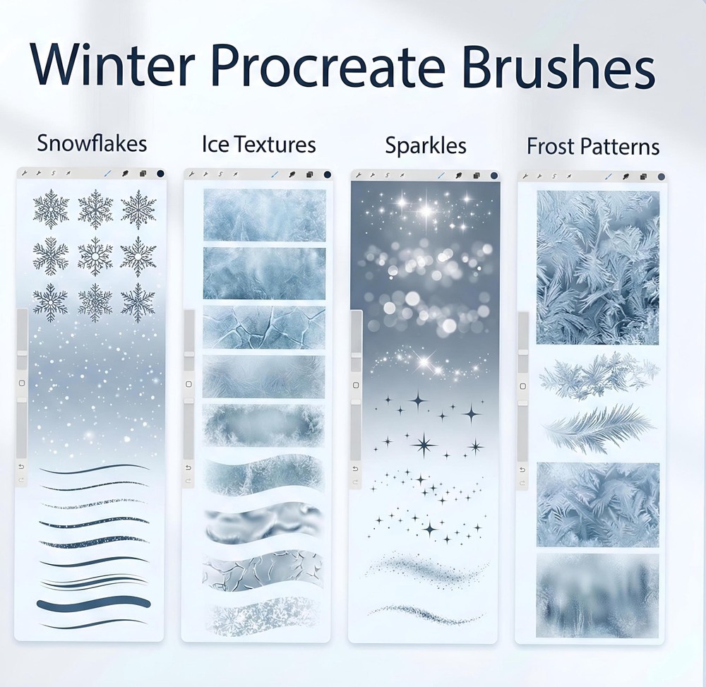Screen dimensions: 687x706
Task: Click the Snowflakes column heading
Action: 92,143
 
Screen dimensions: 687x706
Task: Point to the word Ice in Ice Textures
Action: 215,145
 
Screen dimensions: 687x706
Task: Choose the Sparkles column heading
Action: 426,145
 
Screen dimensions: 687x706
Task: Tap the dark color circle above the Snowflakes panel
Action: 160,173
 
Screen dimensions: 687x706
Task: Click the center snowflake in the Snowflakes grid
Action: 95,256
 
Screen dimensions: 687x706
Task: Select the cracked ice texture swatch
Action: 264,327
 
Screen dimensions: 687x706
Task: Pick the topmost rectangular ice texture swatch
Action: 264,215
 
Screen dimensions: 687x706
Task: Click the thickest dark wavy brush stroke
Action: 94,604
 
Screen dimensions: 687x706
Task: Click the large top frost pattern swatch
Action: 597,267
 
